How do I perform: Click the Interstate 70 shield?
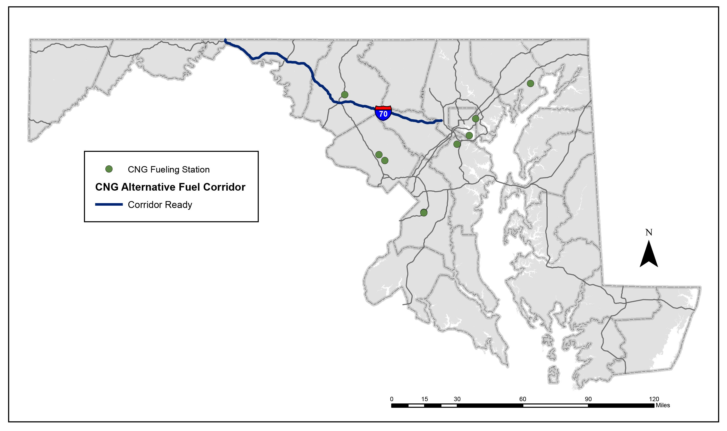[383, 113]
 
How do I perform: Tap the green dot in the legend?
[109, 169]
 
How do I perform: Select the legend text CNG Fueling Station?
[168, 170]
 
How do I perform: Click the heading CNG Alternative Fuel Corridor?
[170, 187]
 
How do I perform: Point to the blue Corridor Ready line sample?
[109, 204]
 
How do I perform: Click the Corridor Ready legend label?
[160, 205]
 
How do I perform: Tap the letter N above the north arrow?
[649, 232]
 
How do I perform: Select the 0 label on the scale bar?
[391, 399]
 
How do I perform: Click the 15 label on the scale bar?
[424, 399]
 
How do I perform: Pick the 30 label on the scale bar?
[457, 399]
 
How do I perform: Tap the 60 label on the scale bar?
[523, 399]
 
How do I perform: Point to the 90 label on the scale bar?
[588, 399]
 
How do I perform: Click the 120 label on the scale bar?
[654, 399]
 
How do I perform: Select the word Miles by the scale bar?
[663, 405]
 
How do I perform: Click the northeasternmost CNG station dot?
[531, 84]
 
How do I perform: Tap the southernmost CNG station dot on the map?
[424, 213]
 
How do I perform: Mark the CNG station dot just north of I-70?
[345, 95]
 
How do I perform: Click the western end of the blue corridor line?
[225, 40]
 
